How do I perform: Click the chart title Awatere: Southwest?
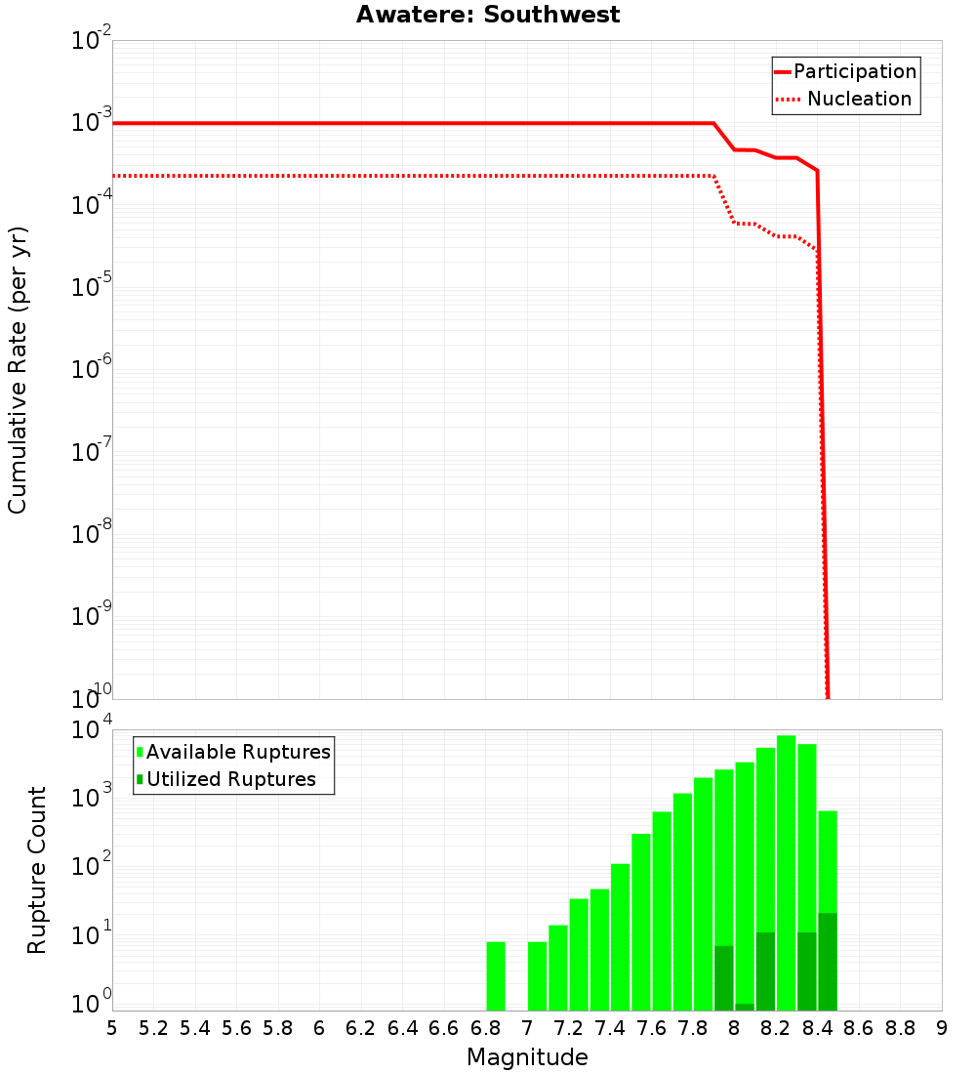488,15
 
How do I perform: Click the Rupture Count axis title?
37,870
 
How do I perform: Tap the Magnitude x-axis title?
527,1057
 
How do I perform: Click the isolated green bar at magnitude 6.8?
496,975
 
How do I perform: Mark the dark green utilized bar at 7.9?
724,977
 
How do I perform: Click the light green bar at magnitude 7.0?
537,975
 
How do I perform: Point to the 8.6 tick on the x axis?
859,1028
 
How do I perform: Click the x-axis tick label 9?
942,1028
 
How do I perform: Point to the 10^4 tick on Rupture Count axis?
93,730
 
